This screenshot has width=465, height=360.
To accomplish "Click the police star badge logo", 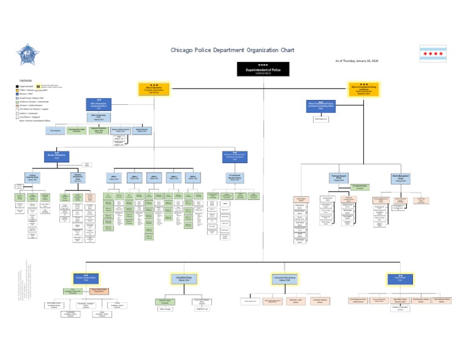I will click(x=27, y=56).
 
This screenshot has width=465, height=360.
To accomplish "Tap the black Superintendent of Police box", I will click(x=262, y=69).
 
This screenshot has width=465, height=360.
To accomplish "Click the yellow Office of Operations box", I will click(x=154, y=89).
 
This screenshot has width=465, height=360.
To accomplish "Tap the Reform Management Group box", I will click(x=400, y=178).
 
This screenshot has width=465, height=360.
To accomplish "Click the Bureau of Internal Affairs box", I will click(x=86, y=278).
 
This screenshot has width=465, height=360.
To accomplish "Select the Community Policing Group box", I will click(x=282, y=278).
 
